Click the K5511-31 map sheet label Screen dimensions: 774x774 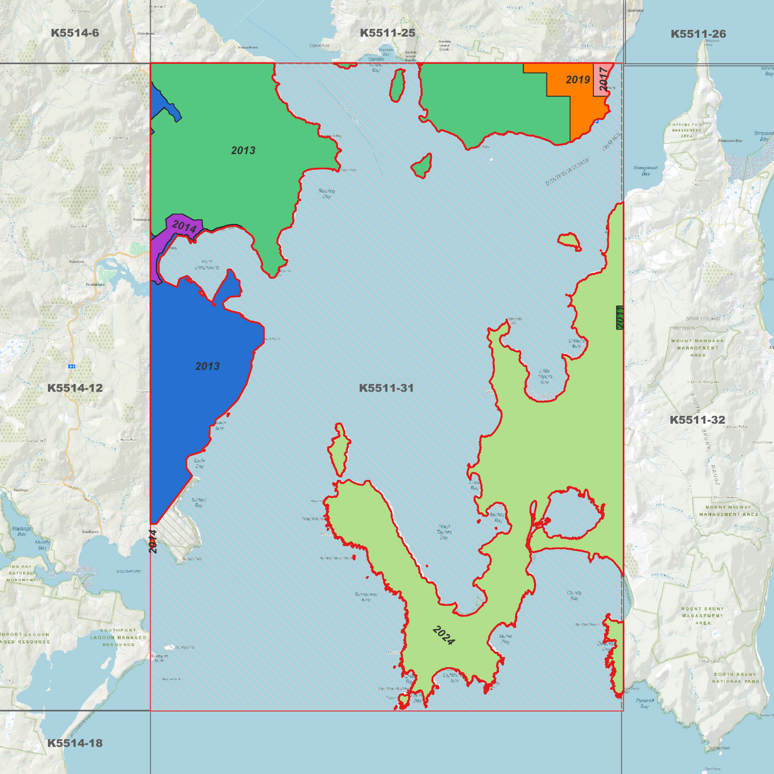386,388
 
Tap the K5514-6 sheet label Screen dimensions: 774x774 75,33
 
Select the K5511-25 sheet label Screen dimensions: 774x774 387,33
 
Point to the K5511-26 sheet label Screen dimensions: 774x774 698,34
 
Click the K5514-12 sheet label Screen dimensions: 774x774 75,388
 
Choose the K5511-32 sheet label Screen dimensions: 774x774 697,420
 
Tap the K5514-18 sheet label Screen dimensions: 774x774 75,743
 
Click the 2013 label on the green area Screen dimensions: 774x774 243,151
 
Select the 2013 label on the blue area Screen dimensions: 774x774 207,366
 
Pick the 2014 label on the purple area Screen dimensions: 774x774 184,227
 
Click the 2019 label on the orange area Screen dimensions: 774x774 578,80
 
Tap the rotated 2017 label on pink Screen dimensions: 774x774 604,79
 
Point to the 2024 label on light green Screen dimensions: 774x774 444,635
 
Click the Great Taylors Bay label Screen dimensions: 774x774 444,532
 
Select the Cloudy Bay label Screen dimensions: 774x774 574,595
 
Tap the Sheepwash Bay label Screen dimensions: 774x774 645,170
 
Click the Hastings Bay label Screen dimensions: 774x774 21,531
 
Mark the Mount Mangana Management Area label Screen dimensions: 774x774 697,348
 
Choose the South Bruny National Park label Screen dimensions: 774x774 736,678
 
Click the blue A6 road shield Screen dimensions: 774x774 71,366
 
